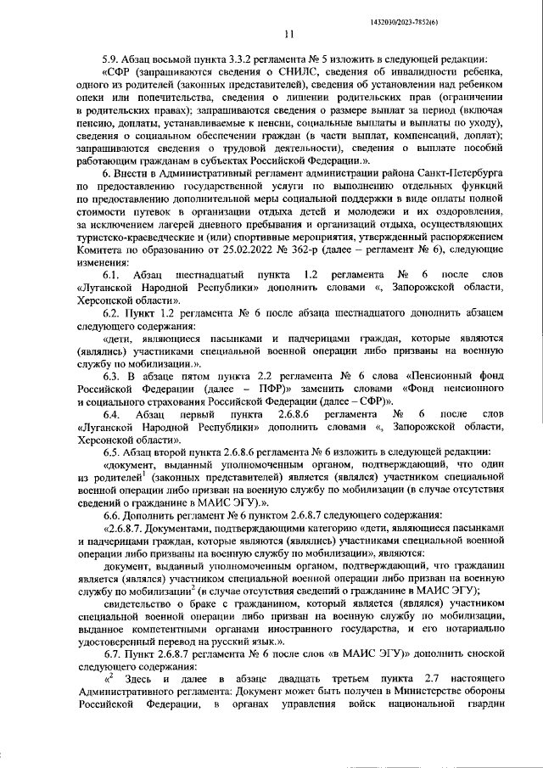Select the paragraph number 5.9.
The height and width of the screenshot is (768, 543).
pos(112,59)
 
